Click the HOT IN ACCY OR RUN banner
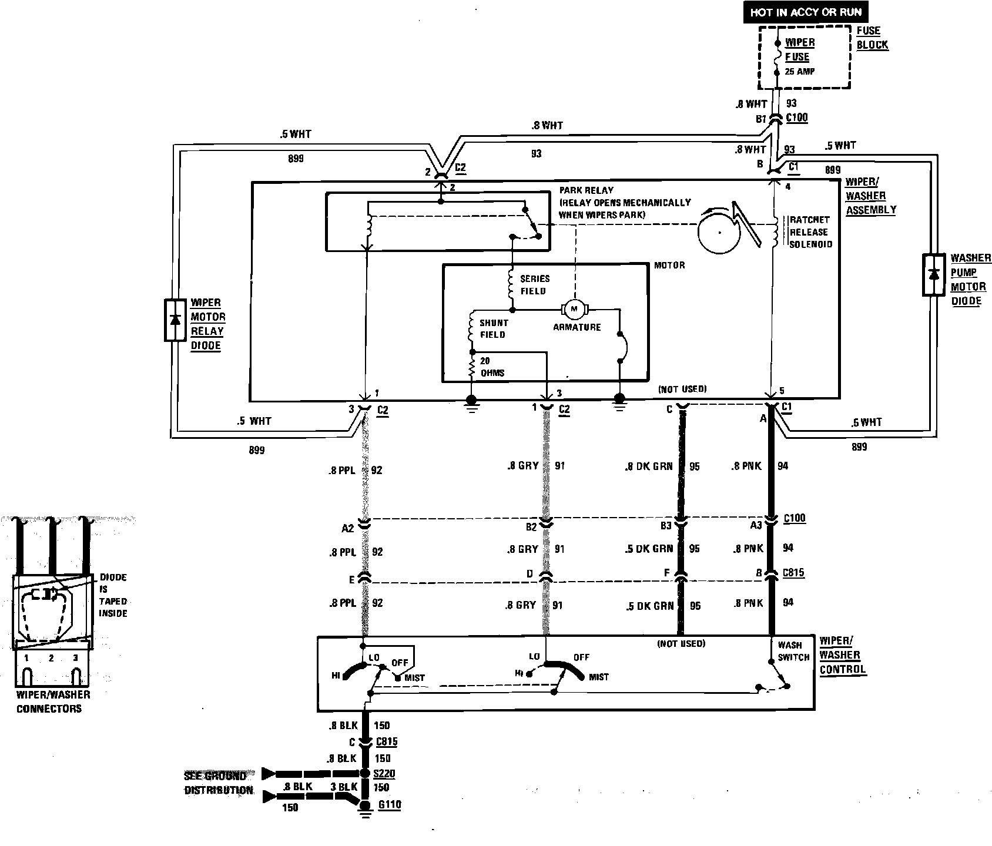805,12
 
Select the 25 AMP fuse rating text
800,72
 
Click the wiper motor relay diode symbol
175,320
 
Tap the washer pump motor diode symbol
933,275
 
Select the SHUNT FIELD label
493,328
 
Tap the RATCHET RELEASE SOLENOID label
811,232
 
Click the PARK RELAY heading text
586,190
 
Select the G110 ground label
389,804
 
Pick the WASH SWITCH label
793,651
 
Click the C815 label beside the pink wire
793,572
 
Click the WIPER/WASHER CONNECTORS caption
52,701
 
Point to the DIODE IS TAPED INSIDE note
113,595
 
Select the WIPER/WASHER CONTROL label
842,655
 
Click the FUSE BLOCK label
872,38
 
